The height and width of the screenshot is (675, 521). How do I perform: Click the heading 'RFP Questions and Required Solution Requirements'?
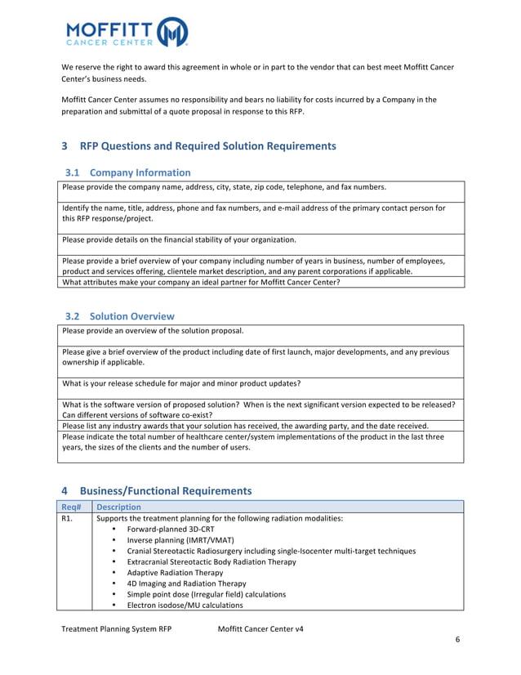coord(207,146)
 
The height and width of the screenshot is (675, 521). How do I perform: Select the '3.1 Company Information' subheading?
coord(127,172)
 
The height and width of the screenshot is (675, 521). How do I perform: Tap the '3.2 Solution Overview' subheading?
coord(120,316)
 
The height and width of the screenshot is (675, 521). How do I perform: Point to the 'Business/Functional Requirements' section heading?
coord(166,491)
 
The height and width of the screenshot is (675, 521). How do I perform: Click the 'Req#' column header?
coord(72,507)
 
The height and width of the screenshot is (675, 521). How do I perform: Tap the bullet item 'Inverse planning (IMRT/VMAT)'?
coord(180,540)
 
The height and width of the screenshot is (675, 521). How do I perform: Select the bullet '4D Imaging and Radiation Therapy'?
coord(186,583)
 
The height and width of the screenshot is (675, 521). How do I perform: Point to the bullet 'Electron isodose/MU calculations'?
coord(185,606)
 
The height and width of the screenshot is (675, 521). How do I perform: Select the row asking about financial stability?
coord(179,240)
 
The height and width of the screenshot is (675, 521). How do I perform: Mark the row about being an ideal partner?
coord(201,283)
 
